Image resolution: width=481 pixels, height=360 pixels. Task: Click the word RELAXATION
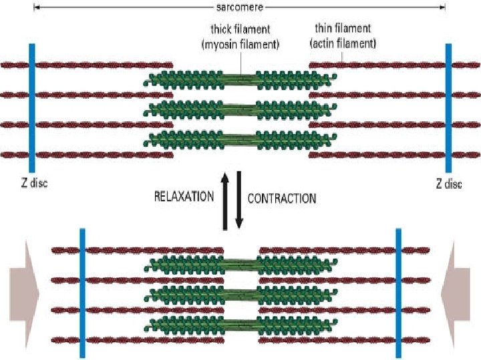184,197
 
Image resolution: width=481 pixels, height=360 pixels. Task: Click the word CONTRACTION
282,197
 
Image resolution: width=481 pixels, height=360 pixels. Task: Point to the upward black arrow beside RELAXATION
225,197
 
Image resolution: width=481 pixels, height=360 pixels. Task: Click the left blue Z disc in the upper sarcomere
31,108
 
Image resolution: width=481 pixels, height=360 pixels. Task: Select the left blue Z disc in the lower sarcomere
82,293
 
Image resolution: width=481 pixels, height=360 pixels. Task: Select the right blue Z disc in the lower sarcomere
397,293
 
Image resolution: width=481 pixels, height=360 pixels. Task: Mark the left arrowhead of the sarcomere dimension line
35,7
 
